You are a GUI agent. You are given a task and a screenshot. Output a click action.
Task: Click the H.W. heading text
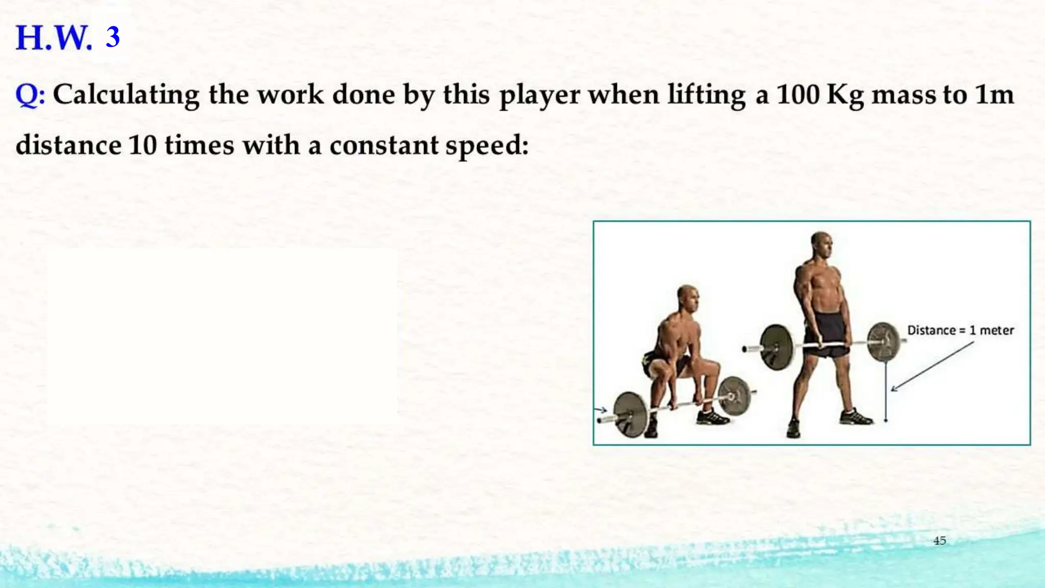coord(54,38)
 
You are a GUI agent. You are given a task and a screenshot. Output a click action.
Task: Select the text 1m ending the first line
coord(994,94)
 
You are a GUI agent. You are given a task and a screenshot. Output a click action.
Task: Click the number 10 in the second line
coord(142,145)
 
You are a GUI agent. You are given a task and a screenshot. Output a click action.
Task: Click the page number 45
coord(939,541)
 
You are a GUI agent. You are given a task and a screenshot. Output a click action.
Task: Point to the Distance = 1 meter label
coord(960,330)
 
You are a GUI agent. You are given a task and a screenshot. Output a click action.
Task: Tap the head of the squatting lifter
coord(687,298)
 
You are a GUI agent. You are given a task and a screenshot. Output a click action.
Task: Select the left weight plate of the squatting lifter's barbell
coord(631,414)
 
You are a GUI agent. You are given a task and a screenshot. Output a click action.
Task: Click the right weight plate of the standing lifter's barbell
coord(883,342)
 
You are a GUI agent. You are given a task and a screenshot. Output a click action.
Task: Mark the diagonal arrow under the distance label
coord(932,366)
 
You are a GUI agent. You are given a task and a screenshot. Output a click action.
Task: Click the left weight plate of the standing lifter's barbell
coord(777,347)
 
